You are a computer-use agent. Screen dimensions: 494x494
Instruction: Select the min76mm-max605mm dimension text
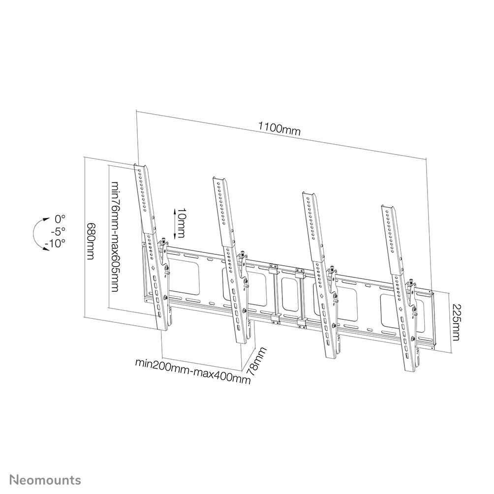115,237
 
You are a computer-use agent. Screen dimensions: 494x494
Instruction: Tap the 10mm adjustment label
181,221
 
